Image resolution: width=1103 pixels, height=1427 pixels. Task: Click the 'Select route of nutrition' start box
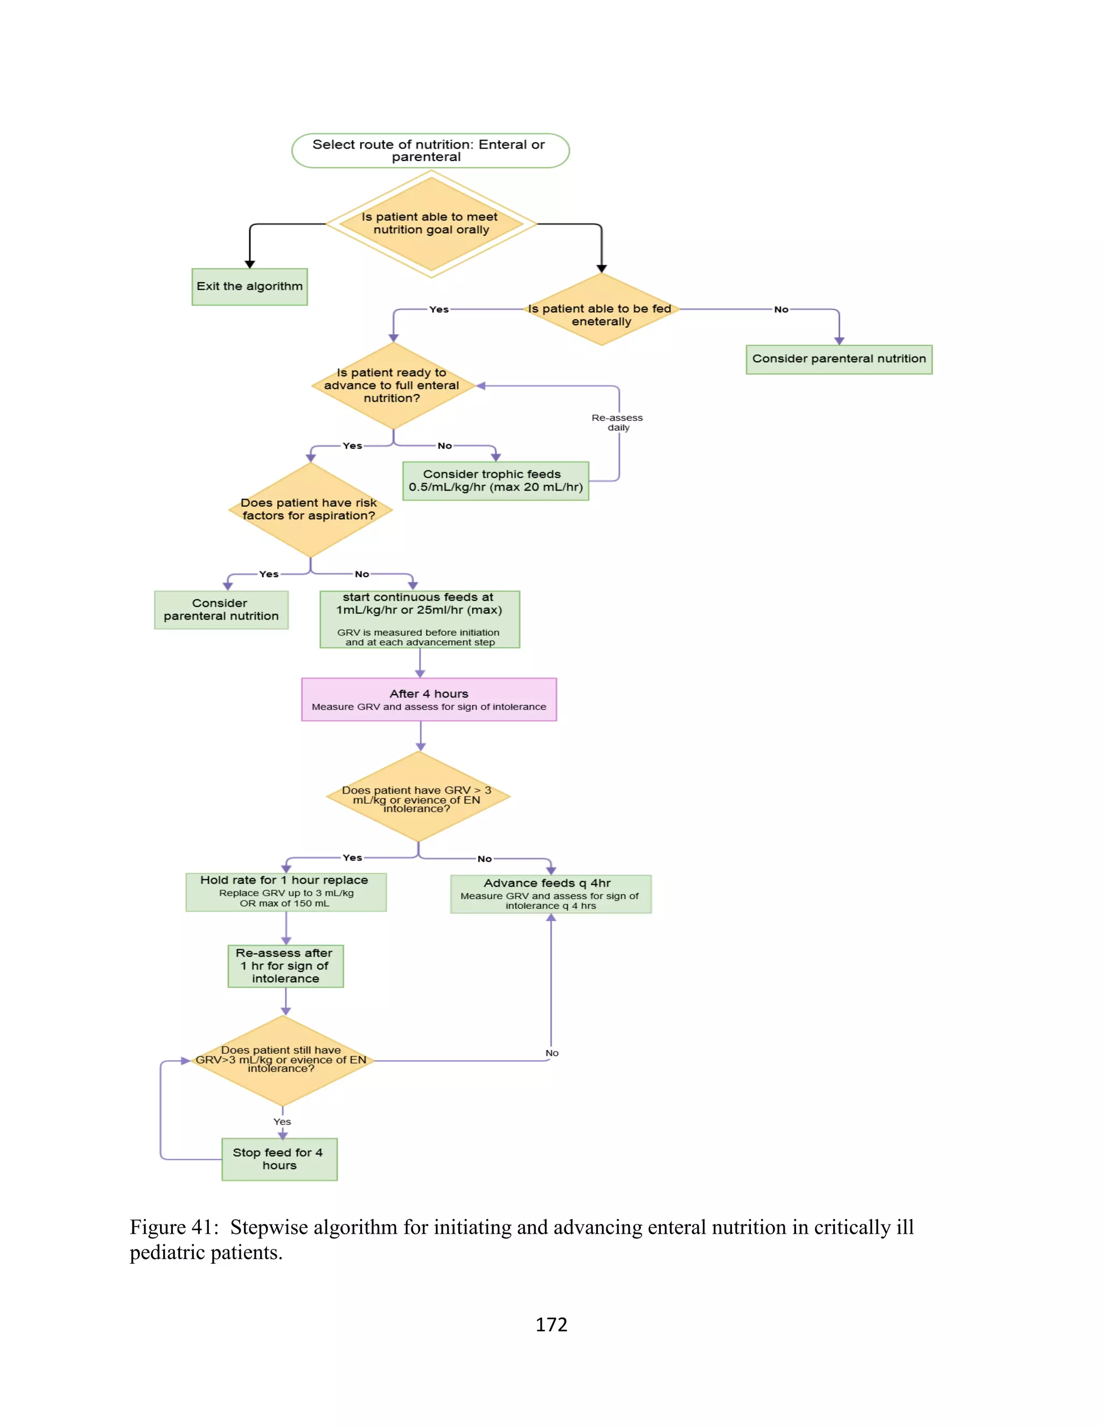(x=430, y=151)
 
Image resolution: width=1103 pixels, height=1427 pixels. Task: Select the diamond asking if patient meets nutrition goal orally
(x=431, y=224)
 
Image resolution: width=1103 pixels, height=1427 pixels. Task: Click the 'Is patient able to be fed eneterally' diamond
(x=601, y=310)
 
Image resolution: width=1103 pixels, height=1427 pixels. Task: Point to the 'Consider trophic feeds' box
(x=495, y=481)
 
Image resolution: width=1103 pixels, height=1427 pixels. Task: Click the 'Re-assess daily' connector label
(x=618, y=422)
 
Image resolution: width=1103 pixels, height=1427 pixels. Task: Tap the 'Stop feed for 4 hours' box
(x=279, y=1159)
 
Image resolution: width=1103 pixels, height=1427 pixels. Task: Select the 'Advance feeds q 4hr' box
(x=550, y=894)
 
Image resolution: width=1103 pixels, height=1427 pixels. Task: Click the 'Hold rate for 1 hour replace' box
(x=285, y=892)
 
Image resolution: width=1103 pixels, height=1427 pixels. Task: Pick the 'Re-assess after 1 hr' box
(x=285, y=966)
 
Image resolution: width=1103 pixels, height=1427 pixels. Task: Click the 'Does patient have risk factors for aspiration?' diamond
(x=310, y=509)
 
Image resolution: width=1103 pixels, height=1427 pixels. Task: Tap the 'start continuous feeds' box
(x=420, y=619)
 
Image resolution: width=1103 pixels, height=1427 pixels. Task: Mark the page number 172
(x=551, y=1325)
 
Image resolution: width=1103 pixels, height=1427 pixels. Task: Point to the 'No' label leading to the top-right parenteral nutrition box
(x=781, y=310)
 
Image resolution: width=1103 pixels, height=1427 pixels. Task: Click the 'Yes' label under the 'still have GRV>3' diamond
(x=282, y=1121)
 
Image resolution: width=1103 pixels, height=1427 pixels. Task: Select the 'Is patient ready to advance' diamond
(x=393, y=386)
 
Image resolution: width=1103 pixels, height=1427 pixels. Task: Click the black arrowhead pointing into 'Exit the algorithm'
(x=249, y=264)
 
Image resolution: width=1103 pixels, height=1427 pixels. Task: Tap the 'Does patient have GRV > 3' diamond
(x=417, y=797)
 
